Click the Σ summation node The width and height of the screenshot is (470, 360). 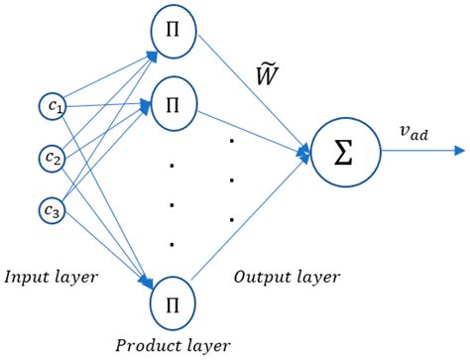(x=346, y=154)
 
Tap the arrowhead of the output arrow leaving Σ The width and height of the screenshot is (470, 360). (x=458, y=152)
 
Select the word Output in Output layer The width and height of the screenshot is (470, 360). (x=260, y=277)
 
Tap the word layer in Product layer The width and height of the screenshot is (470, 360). (x=207, y=345)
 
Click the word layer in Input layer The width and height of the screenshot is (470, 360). (x=77, y=277)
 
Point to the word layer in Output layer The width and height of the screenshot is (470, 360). (x=316, y=277)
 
